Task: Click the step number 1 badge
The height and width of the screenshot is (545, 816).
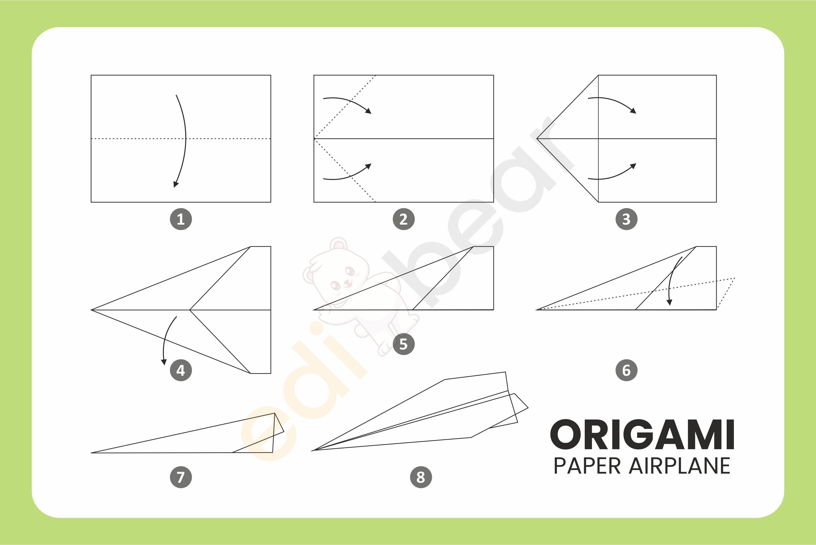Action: pyautogui.click(x=181, y=219)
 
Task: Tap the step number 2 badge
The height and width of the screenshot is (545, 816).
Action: pyautogui.click(x=404, y=219)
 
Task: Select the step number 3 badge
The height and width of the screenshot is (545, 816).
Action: pyautogui.click(x=626, y=219)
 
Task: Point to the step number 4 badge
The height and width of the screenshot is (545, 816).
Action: pyautogui.click(x=181, y=370)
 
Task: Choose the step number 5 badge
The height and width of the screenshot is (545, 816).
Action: pyautogui.click(x=404, y=344)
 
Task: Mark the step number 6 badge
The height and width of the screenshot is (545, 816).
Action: pyautogui.click(x=626, y=370)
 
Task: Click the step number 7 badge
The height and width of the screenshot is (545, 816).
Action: pyautogui.click(x=181, y=477)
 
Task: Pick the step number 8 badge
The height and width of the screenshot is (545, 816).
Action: pyautogui.click(x=421, y=477)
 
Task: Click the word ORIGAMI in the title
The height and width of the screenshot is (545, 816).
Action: pyautogui.click(x=642, y=435)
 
